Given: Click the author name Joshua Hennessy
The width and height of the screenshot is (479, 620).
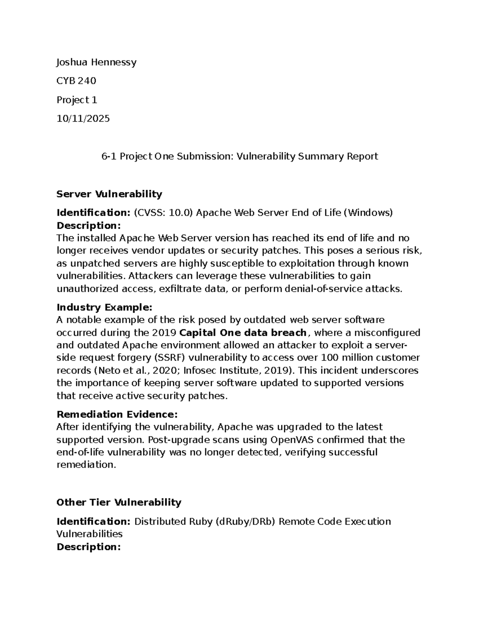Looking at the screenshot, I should [x=96, y=62].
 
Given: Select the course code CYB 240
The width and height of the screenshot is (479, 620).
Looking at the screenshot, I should [x=76, y=81].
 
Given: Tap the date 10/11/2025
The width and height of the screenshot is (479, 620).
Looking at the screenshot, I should [x=83, y=119].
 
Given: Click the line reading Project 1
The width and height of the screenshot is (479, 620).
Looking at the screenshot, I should [x=77, y=100].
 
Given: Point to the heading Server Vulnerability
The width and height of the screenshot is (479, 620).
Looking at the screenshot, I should [x=109, y=194].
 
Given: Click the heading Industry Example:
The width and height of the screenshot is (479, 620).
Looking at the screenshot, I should [x=104, y=307].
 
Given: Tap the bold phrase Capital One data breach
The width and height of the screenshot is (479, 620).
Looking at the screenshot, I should [x=243, y=333].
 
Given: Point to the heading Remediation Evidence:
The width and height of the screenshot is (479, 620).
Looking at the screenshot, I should [x=117, y=414].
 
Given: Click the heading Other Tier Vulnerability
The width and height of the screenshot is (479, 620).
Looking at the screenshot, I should [x=119, y=502].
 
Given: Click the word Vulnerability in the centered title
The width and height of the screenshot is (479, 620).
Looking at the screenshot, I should [x=267, y=156].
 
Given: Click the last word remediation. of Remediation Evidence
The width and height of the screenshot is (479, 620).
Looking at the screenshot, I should [x=86, y=465].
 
